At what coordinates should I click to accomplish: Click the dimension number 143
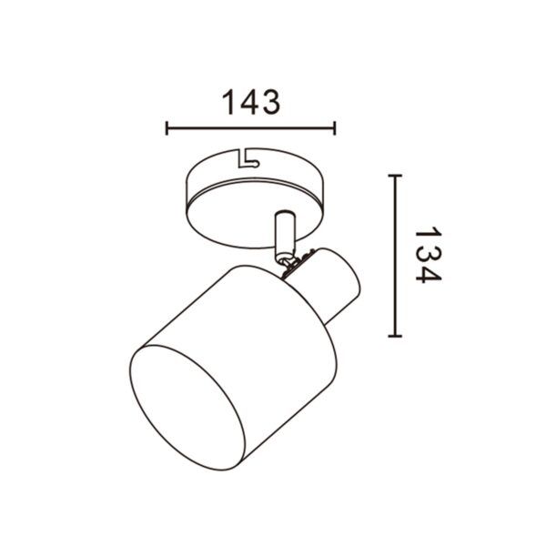[251, 102]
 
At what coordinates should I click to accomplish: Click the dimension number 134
[428, 255]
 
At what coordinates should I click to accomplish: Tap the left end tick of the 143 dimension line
[167, 128]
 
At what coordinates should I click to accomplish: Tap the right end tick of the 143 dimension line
[334, 128]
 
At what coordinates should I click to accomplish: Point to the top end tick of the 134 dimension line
[395, 176]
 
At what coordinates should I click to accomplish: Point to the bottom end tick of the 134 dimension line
[395, 336]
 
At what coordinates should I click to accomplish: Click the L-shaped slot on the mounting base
[248, 158]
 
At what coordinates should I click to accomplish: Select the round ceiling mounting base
[255, 197]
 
